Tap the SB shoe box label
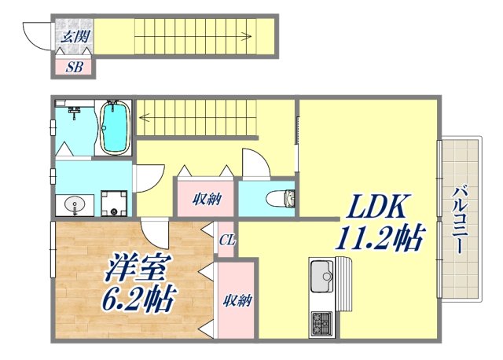click(74, 67)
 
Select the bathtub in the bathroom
click(115, 127)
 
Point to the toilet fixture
click(281, 198)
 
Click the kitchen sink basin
click(321, 277)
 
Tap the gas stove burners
click(322, 321)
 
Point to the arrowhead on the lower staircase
click(144, 119)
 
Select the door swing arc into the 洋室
click(154, 232)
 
